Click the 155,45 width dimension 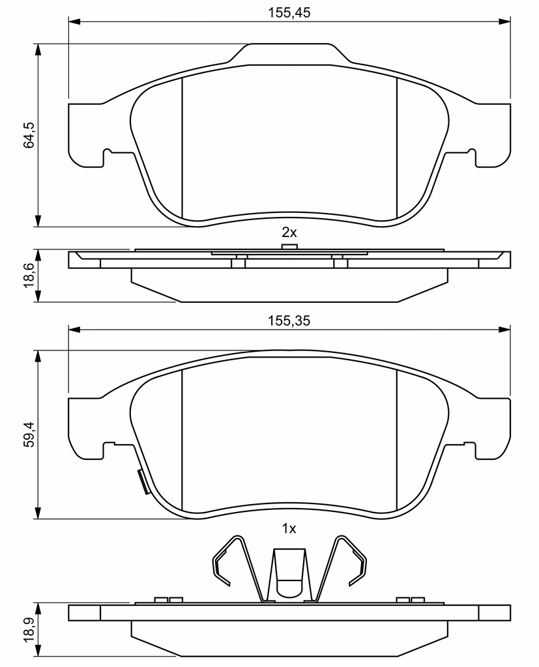pyautogui.click(x=289, y=13)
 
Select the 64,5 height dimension pyautogui.click(x=29, y=135)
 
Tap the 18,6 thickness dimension pyautogui.click(x=29, y=276)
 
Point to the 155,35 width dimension pyautogui.click(x=289, y=320)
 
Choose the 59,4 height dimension pyautogui.click(x=29, y=434)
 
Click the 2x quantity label pyautogui.click(x=289, y=233)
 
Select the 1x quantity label pyautogui.click(x=289, y=529)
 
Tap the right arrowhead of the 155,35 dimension pyautogui.click(x=504, y=329)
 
